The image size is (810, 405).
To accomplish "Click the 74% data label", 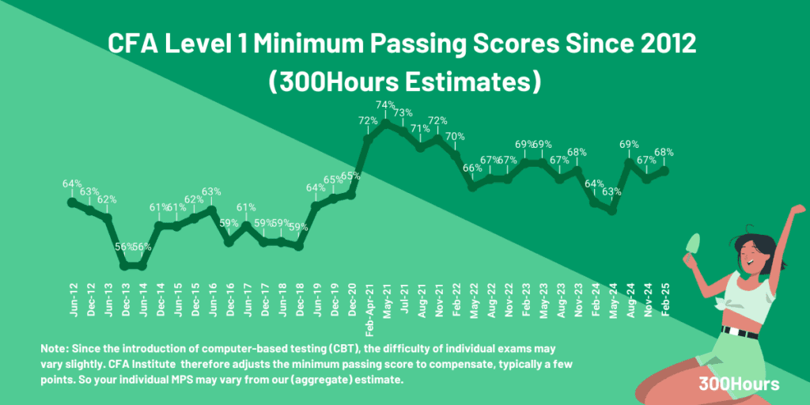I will (385, 104).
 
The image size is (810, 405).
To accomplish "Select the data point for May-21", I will (386, 123).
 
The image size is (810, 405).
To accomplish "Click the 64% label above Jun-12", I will (72, 184).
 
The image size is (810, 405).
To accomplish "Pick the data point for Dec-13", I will (125, 266).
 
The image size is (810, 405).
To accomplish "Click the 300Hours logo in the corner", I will (739, 384).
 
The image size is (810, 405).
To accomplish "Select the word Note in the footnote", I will (55, 349).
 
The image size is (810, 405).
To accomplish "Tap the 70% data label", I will (456, 136).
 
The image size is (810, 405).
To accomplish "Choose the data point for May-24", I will (612, 211).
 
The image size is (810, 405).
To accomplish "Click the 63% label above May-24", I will (612, 192).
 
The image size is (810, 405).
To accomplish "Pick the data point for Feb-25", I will (665, 169).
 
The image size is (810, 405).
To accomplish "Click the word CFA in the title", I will (133, 44).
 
